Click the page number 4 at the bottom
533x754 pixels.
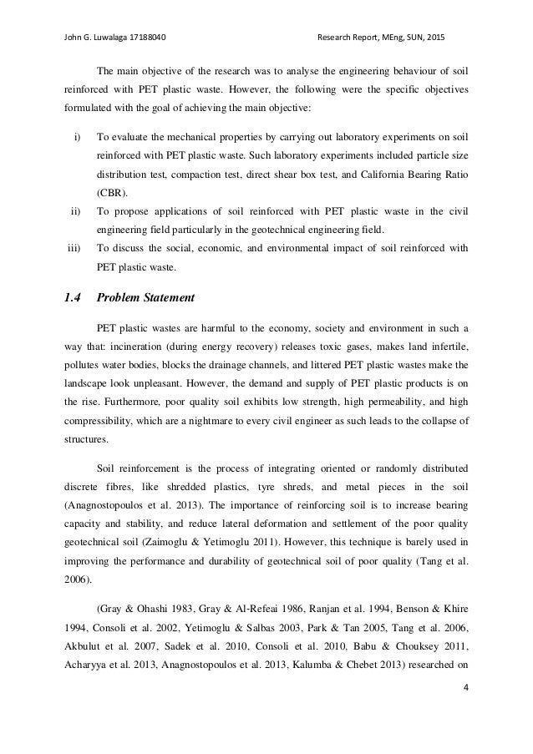tap(464, 713)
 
